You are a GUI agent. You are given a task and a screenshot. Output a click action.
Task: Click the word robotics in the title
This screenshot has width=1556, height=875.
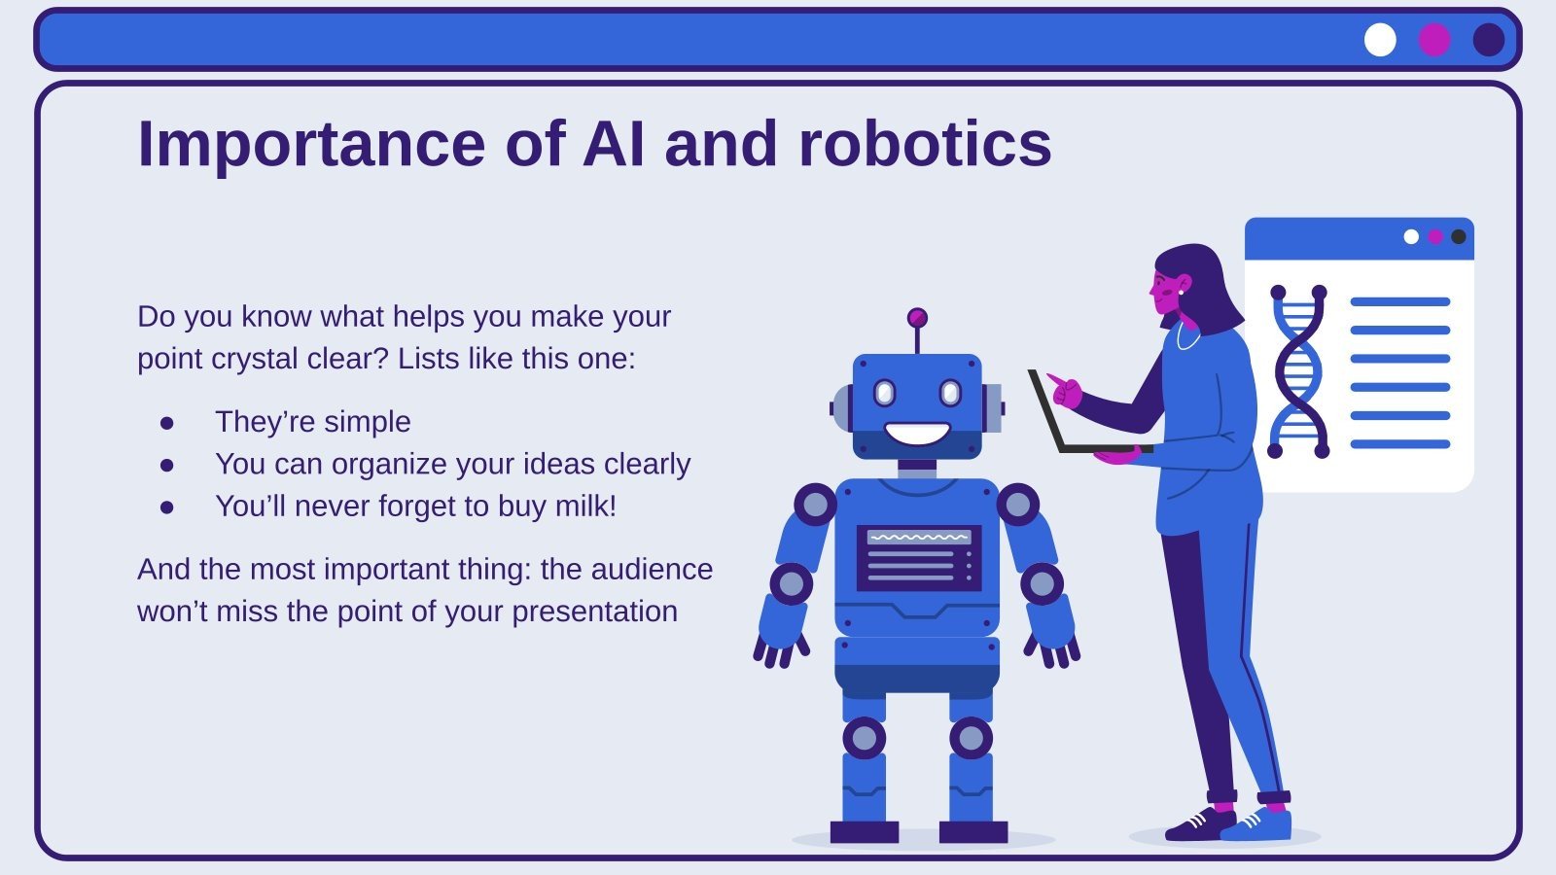(924, 144)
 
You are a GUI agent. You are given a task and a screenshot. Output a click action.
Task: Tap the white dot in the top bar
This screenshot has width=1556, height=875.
(1380, 40)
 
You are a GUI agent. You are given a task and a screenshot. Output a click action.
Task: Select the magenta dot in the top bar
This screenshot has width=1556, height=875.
(1434, 40)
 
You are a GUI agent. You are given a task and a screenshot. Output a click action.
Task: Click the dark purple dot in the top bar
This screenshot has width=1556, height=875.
(1489, 40)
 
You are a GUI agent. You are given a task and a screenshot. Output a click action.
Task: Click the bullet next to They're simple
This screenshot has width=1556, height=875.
(167, 423)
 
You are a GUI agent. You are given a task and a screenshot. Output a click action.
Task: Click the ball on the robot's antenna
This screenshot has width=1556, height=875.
(917, 318)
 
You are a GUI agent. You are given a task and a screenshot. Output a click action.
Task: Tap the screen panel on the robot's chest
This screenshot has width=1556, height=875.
(918, 558)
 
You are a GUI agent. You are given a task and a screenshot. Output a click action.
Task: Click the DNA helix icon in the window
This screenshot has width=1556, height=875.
(1298, 372)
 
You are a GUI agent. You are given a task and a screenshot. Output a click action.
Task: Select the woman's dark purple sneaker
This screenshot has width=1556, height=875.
(1200, 824)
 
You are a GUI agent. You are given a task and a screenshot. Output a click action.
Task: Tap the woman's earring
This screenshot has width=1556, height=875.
(1181, 292)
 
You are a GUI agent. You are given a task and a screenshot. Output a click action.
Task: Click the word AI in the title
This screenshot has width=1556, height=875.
(613, 144)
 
